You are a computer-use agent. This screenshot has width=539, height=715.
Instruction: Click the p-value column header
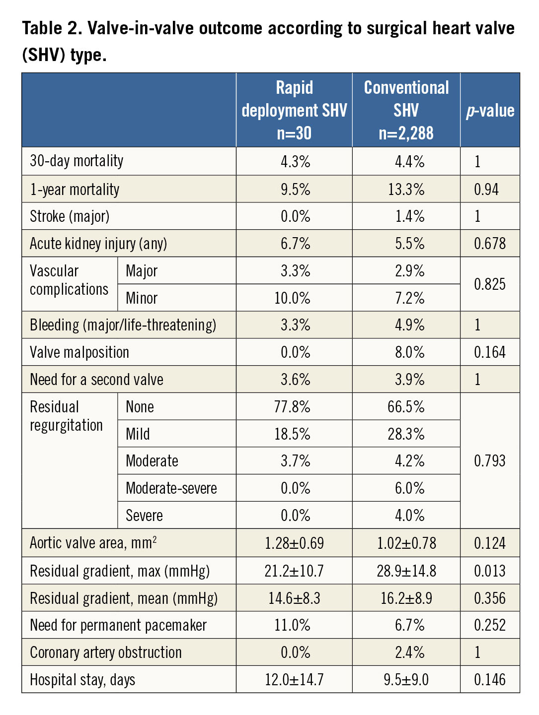(490, 111)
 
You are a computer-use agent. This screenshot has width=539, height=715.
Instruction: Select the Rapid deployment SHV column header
(294, 110)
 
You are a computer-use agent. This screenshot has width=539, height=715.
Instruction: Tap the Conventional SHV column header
(406, 110)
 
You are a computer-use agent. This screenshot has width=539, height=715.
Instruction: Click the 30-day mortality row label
(77, 161)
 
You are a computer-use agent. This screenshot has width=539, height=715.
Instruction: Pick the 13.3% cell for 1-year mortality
(406, 190)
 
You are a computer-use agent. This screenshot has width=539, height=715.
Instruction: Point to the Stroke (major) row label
(70, 216)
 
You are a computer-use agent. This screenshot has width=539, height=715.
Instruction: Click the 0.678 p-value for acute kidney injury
(490, 244)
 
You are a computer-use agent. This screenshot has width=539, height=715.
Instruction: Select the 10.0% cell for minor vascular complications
(293, 298)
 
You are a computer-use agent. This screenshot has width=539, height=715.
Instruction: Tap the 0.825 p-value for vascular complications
(490, 284)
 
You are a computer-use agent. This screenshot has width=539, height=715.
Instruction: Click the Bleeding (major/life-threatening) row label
(123, 325)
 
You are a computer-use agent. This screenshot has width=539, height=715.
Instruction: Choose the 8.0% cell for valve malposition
(409, 352)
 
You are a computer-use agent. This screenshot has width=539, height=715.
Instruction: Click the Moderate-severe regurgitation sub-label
(171, 488)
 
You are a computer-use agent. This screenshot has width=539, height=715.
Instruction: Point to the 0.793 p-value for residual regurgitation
(490, 461)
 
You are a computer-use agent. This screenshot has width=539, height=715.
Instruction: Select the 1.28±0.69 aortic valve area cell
(294, 543)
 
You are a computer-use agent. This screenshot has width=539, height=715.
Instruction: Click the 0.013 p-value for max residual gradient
(490, 571)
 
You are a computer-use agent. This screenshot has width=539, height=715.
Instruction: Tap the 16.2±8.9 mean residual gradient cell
(406, 598)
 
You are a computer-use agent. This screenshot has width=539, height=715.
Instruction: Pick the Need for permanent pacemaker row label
(118, 625)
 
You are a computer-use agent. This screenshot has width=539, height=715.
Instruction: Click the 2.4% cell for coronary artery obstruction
(409, 652)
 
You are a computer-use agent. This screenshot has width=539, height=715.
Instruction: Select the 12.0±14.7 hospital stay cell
(294, 680)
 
